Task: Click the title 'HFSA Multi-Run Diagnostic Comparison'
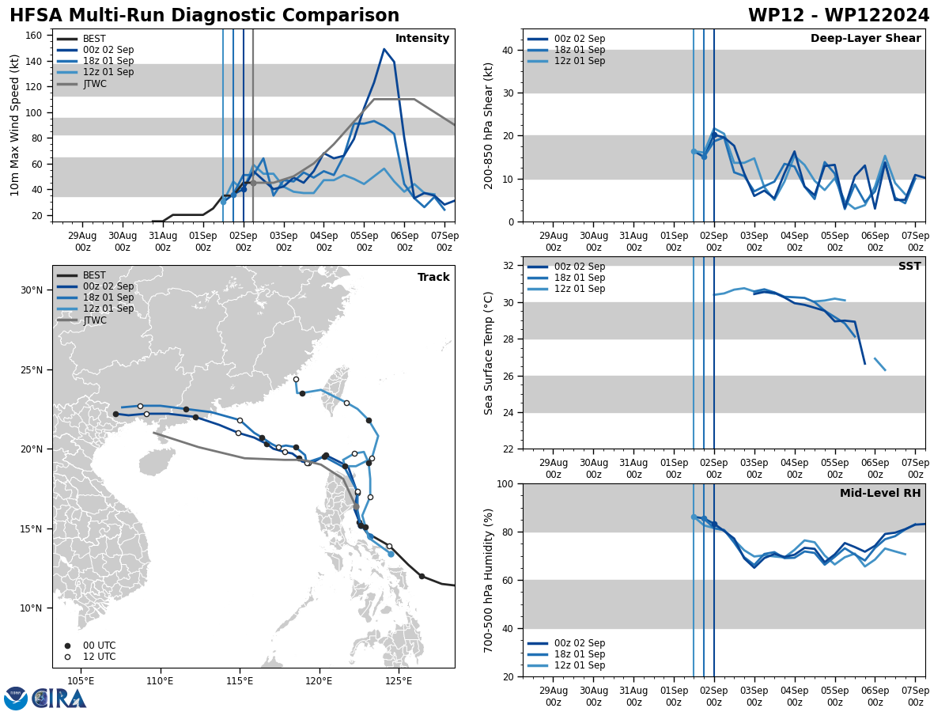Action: coord(204,16)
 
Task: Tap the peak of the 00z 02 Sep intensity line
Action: coord(384,49)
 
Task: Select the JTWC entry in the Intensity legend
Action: coord(94,84)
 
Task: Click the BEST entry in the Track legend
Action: coord(94,275)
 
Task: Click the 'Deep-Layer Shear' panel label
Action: coord(865,39)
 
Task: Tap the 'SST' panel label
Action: coord(909,267)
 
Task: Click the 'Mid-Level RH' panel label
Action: coord(880,494)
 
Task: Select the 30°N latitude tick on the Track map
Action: coord(32,290)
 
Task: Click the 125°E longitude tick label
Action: coord(399,680)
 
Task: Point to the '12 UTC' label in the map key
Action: coord(99,657)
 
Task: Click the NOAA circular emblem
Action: coord(16,699)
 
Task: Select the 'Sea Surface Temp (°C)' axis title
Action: coord(489,353)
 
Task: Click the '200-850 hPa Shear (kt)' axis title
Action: coord(489,126)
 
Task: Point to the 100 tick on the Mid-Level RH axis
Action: coord(508,483)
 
